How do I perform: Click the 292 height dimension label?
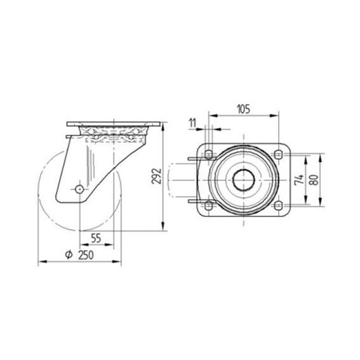click(157, 176)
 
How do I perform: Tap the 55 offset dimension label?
click(96, 238)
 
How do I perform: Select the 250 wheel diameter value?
click(86, 255)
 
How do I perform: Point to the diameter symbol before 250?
click(69, 255)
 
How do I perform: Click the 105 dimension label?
click(244, 109)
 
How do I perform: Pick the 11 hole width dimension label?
click(192, 123)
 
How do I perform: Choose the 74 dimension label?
click(299, 180)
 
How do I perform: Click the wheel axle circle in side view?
click(79, 189)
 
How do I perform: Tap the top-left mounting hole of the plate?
click(208, 154)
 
